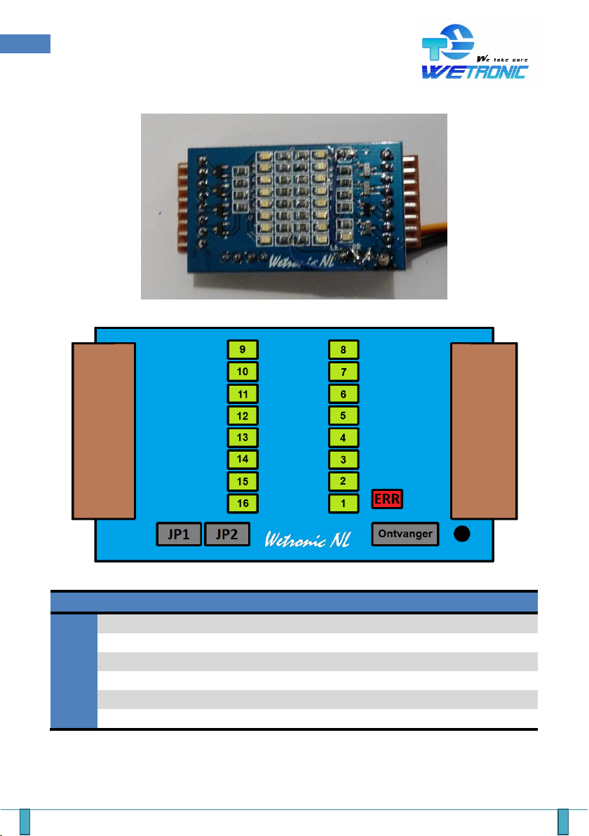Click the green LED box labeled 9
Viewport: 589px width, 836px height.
[243, 349]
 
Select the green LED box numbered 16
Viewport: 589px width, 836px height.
[243, 503]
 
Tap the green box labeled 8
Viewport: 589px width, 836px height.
[344, 349]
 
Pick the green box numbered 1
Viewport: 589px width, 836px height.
[344, 503]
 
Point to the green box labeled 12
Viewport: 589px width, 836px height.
[243, 415]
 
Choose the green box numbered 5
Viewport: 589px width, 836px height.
[344, 415]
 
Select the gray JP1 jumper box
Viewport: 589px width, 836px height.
[179, 534]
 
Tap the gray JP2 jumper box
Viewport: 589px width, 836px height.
[227, 534]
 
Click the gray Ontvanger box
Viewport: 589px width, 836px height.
[405, 534]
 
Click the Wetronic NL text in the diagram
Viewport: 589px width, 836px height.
[309, 538]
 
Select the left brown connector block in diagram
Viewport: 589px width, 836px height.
[104, 431]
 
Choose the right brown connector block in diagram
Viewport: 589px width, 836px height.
[485, 431]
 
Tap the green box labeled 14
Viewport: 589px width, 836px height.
[243, 459]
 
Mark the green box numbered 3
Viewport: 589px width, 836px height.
[344, 459]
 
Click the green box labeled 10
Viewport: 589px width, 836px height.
[243, 371]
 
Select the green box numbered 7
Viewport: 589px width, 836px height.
[344, 371]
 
